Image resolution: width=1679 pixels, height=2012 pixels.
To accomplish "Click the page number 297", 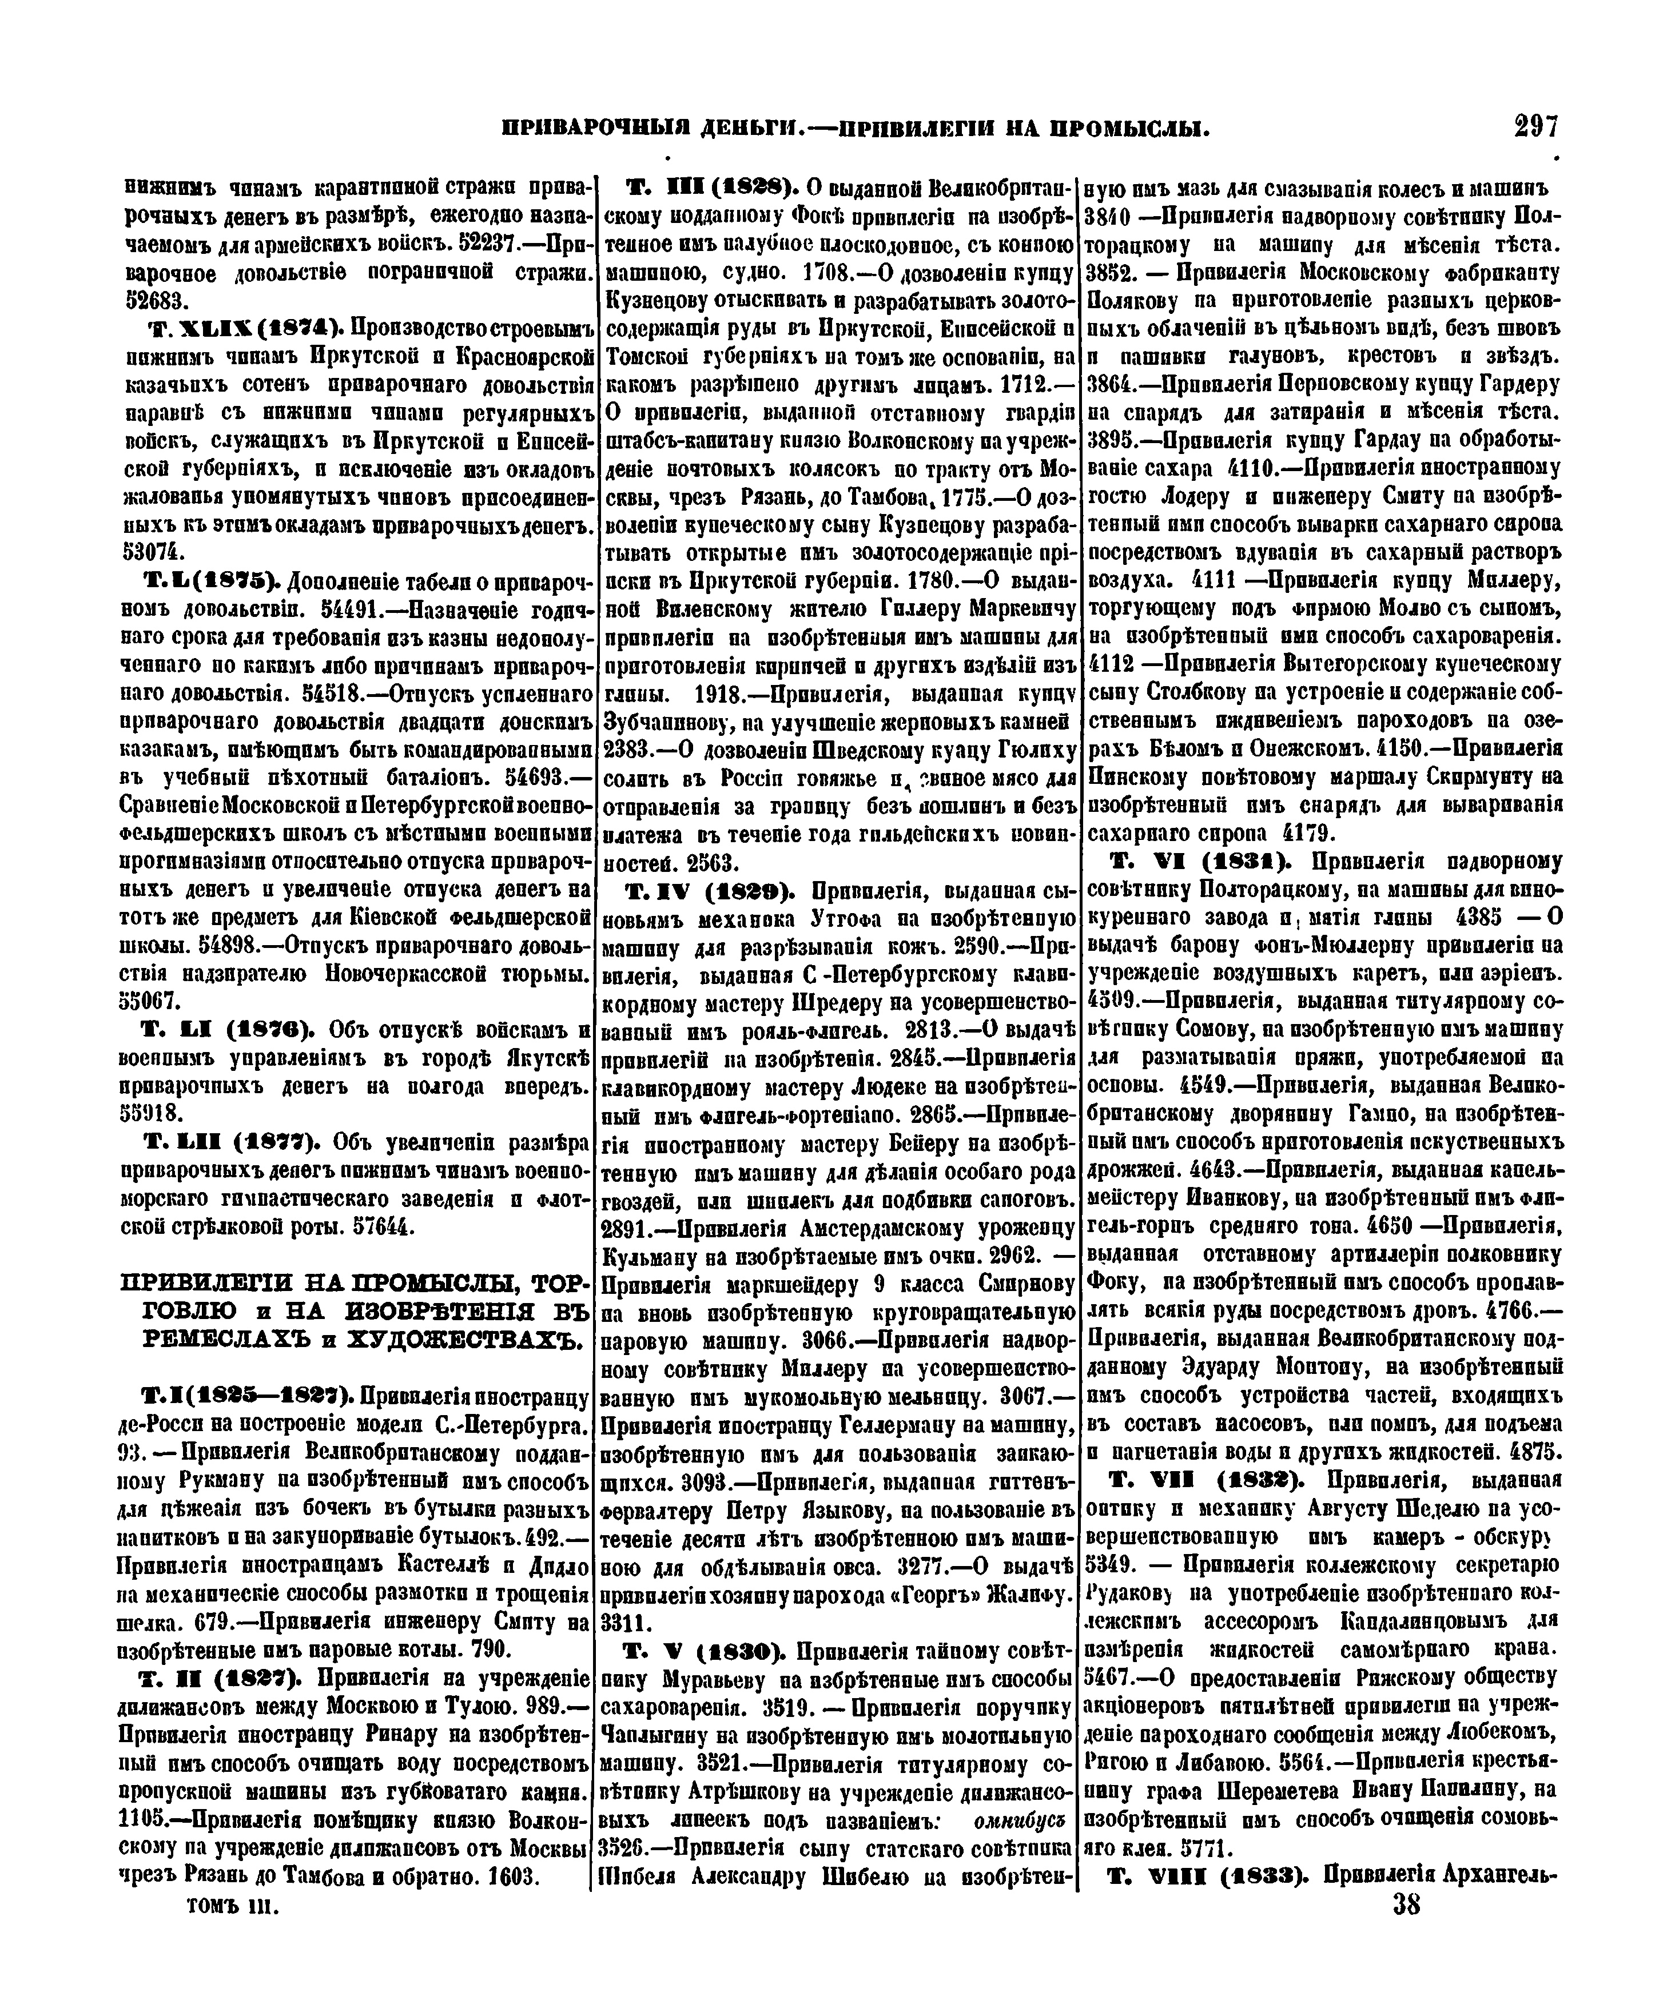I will click(x=1536, y=128).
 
